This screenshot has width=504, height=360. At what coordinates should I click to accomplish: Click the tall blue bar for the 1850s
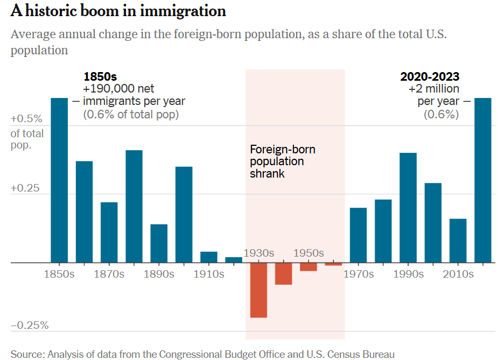59,180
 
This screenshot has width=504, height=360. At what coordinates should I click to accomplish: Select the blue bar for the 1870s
109,232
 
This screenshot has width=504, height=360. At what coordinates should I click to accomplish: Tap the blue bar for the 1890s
159,243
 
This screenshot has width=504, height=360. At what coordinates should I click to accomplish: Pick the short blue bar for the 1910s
209,257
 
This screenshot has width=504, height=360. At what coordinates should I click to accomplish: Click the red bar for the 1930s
258,291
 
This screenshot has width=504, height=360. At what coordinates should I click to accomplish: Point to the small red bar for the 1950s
309,267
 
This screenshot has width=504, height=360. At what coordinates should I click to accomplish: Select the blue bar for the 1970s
358,235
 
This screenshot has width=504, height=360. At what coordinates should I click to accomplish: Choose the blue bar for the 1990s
408,208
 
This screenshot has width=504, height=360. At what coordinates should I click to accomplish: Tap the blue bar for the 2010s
458,241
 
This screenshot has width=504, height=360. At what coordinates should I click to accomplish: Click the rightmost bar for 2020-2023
483,180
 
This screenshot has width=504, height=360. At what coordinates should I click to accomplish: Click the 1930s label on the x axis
259,253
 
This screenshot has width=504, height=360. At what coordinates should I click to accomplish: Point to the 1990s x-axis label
409,274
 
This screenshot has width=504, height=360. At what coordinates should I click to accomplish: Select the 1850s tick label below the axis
59,274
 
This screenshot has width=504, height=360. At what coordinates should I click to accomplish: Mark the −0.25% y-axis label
30,326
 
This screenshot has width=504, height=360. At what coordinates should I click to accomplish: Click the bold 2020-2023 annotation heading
430,77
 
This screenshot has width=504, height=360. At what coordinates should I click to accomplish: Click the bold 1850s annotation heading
100,77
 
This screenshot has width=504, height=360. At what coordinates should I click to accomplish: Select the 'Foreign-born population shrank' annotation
283,161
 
